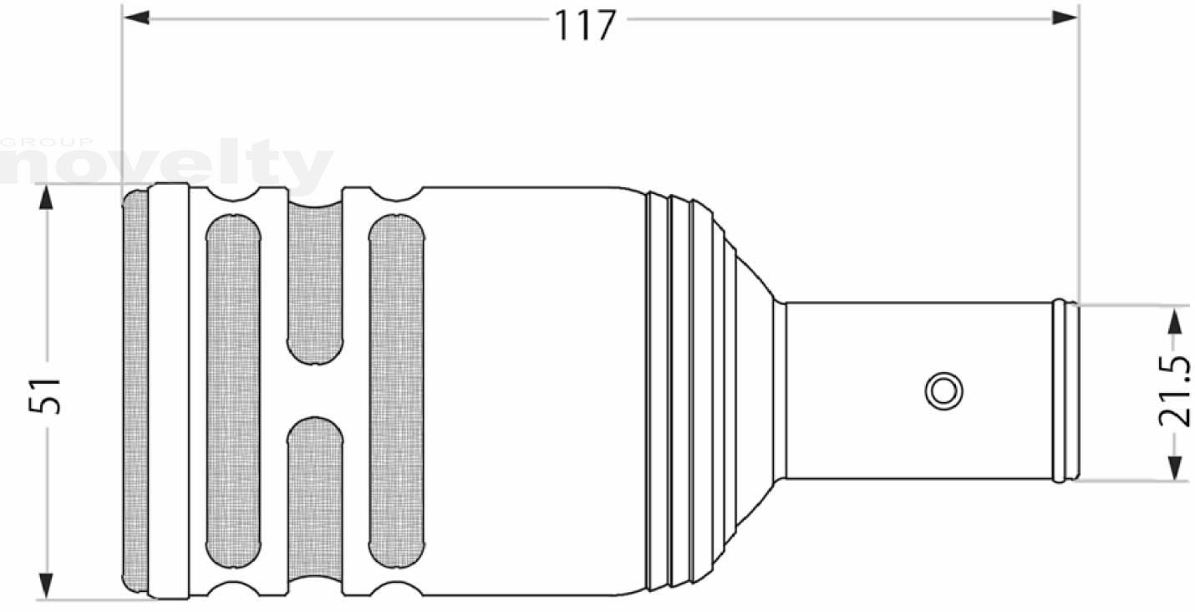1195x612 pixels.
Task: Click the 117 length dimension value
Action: pyautogui.click(x=585, y=25)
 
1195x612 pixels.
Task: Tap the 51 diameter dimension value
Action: pyautogui.click(x=45, y=395)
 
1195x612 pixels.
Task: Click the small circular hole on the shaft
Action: pyautogui.click(x=943, y=391)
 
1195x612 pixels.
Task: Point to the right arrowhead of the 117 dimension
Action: pyautogui.click(x=1065, y=18)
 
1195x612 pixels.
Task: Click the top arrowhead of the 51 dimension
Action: pyautogui.click(x=47, y=196)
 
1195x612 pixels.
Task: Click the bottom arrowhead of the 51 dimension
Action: pyautogui.click(x=47, y=586)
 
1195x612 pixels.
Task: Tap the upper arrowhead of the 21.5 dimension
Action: pyautogui.click(x=1174, y=321)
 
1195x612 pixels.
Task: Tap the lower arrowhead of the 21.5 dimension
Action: pyautogui.click(x=1174, y=467)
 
